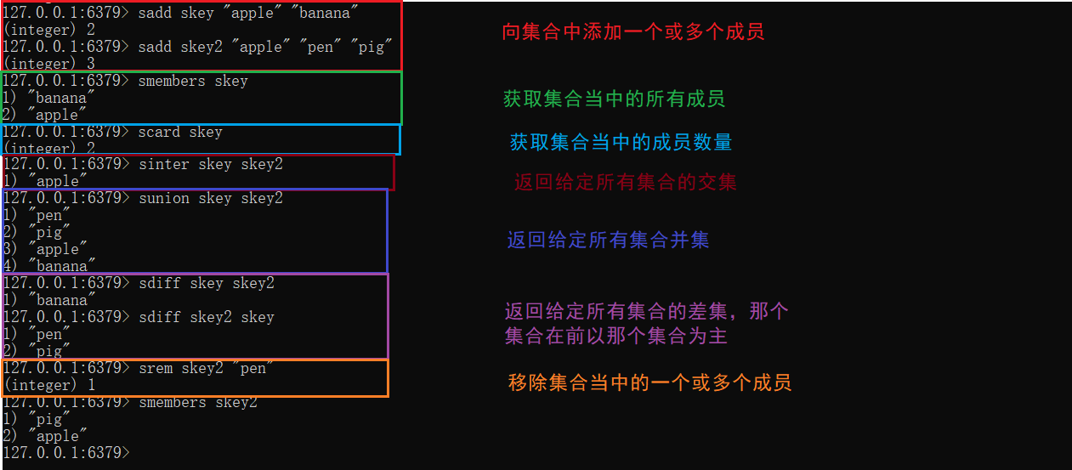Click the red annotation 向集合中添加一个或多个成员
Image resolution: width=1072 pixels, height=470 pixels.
633,32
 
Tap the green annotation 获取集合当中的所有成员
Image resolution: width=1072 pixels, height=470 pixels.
614,99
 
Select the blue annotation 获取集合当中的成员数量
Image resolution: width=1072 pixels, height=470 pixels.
621,142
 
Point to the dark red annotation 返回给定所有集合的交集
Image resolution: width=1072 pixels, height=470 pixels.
625,182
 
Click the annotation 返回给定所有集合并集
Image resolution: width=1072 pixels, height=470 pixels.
608,240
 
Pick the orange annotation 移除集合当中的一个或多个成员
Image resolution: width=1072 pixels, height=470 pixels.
649,382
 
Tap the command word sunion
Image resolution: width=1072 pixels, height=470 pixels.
163,198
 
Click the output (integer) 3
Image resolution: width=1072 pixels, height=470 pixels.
49,64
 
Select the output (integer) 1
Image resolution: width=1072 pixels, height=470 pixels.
49,385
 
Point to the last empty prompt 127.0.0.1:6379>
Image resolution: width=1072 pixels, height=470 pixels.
66,453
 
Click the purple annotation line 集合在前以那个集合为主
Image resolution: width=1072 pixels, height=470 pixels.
615,336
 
